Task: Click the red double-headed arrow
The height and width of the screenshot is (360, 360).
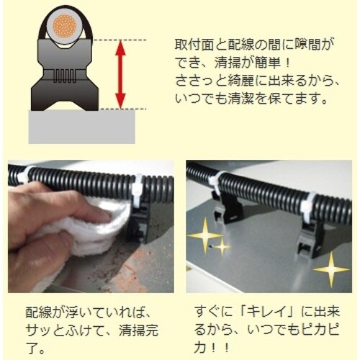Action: [120, 74]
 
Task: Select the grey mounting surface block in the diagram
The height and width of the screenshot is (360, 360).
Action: [81, 127]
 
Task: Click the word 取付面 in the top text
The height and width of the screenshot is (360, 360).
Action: [194, 45]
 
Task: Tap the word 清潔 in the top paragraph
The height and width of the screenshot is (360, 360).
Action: [240, 99]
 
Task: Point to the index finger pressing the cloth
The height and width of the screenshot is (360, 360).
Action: [72, 210]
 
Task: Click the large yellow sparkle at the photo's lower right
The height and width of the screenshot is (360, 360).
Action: [331, 269]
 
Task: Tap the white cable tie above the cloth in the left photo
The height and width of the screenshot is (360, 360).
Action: [137, 189]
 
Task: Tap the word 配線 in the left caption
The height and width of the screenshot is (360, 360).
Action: [38, 312]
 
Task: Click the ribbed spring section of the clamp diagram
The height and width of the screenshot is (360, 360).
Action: [65, 77]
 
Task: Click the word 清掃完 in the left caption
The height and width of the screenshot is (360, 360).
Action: [138, 330]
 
